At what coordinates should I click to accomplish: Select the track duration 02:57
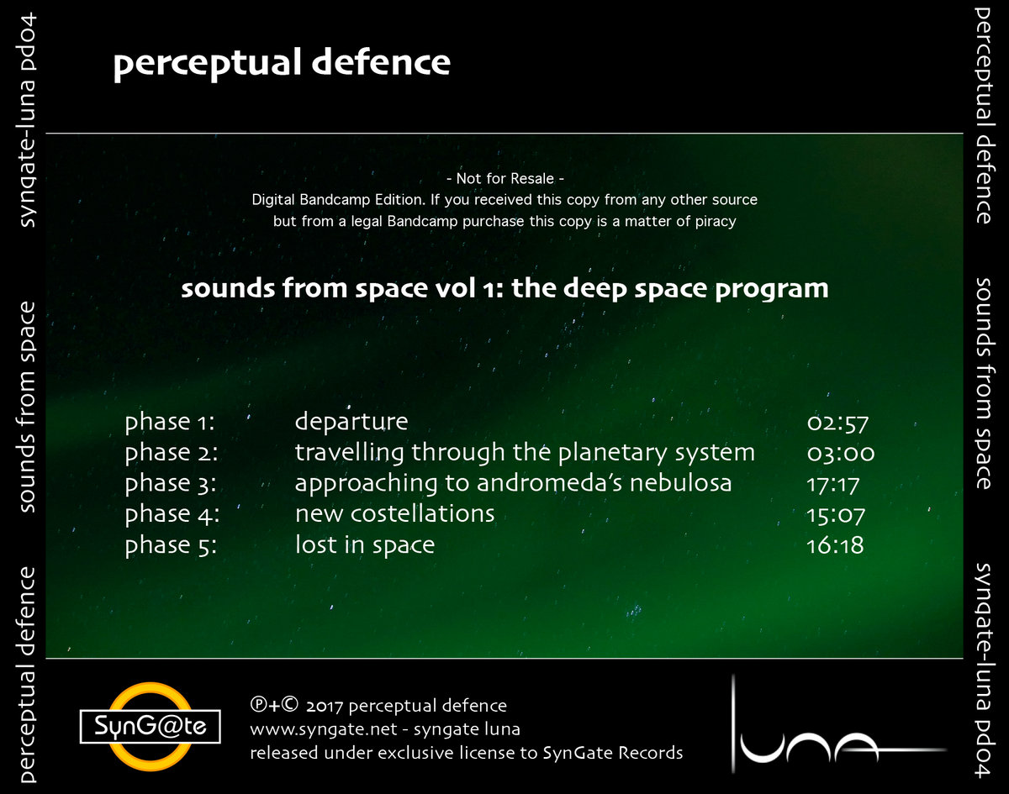[837, 422]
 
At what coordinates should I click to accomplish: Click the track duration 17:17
[833, 484]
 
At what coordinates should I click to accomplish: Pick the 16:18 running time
[835, 546]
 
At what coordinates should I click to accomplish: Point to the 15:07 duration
[836, 515]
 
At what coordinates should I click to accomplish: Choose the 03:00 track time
[840, 453]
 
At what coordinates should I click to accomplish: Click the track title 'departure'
[351, 422]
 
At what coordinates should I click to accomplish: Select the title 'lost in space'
[364, 546]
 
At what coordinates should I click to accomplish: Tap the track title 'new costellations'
[394, 513]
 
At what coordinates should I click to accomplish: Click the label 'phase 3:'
[172, 484]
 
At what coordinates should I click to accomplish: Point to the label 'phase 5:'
[172, 546]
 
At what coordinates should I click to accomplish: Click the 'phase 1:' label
[170, 422]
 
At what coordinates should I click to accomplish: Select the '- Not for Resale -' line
[504, 178]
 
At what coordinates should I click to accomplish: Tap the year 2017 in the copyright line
[324, 706]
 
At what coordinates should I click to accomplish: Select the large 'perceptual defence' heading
[282, 64]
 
